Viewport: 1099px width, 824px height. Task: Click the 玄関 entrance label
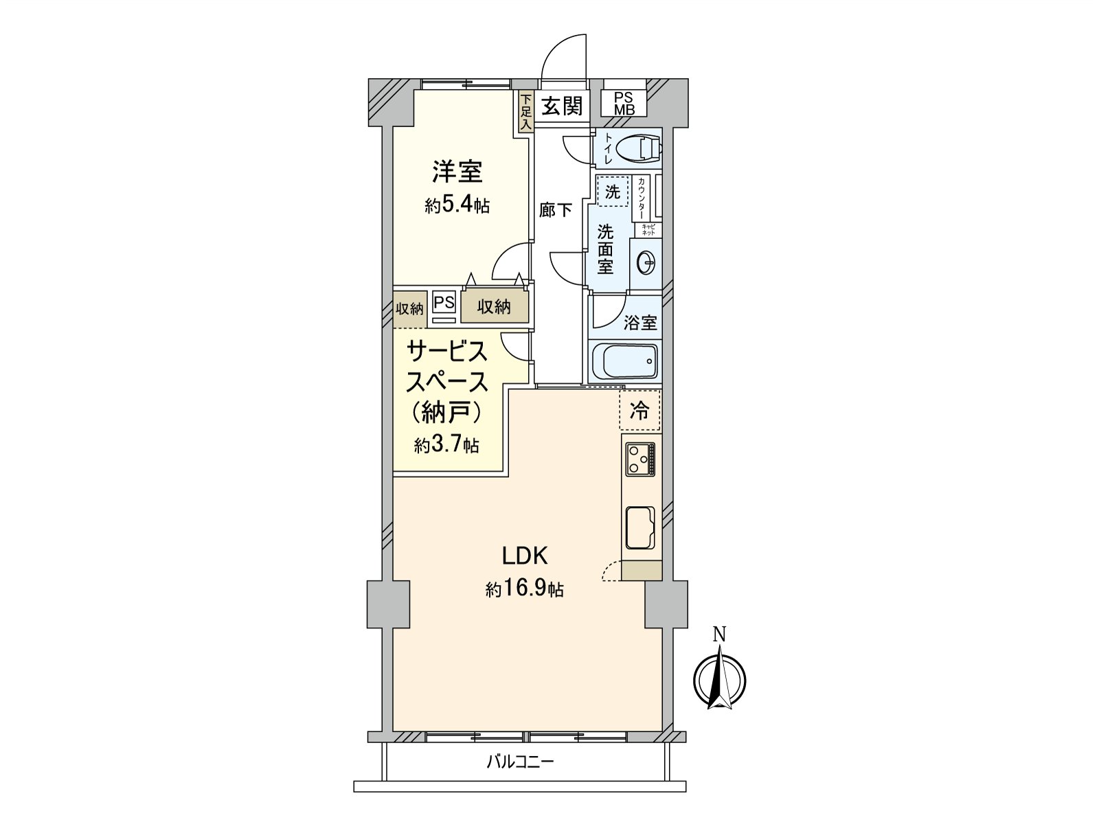563,106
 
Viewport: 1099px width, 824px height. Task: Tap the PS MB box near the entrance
624,103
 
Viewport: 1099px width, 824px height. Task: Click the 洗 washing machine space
613,192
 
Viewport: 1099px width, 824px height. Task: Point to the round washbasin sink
646,262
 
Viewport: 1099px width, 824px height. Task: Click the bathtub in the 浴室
624,361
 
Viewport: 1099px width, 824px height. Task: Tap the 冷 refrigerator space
640,411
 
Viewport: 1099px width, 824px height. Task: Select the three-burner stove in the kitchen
640,459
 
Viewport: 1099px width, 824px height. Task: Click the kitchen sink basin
640,527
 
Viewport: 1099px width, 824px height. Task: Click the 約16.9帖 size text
525,589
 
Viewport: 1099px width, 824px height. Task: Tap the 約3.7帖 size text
446,445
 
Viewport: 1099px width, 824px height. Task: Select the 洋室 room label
457,172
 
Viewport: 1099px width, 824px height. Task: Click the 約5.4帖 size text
457,205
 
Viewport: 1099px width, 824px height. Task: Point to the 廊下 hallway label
555,210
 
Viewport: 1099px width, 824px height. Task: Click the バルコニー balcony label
520,762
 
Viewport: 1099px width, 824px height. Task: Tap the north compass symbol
719,680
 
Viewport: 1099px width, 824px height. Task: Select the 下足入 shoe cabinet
525,112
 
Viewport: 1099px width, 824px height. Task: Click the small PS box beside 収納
444,303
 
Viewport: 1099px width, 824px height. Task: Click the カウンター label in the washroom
642,198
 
